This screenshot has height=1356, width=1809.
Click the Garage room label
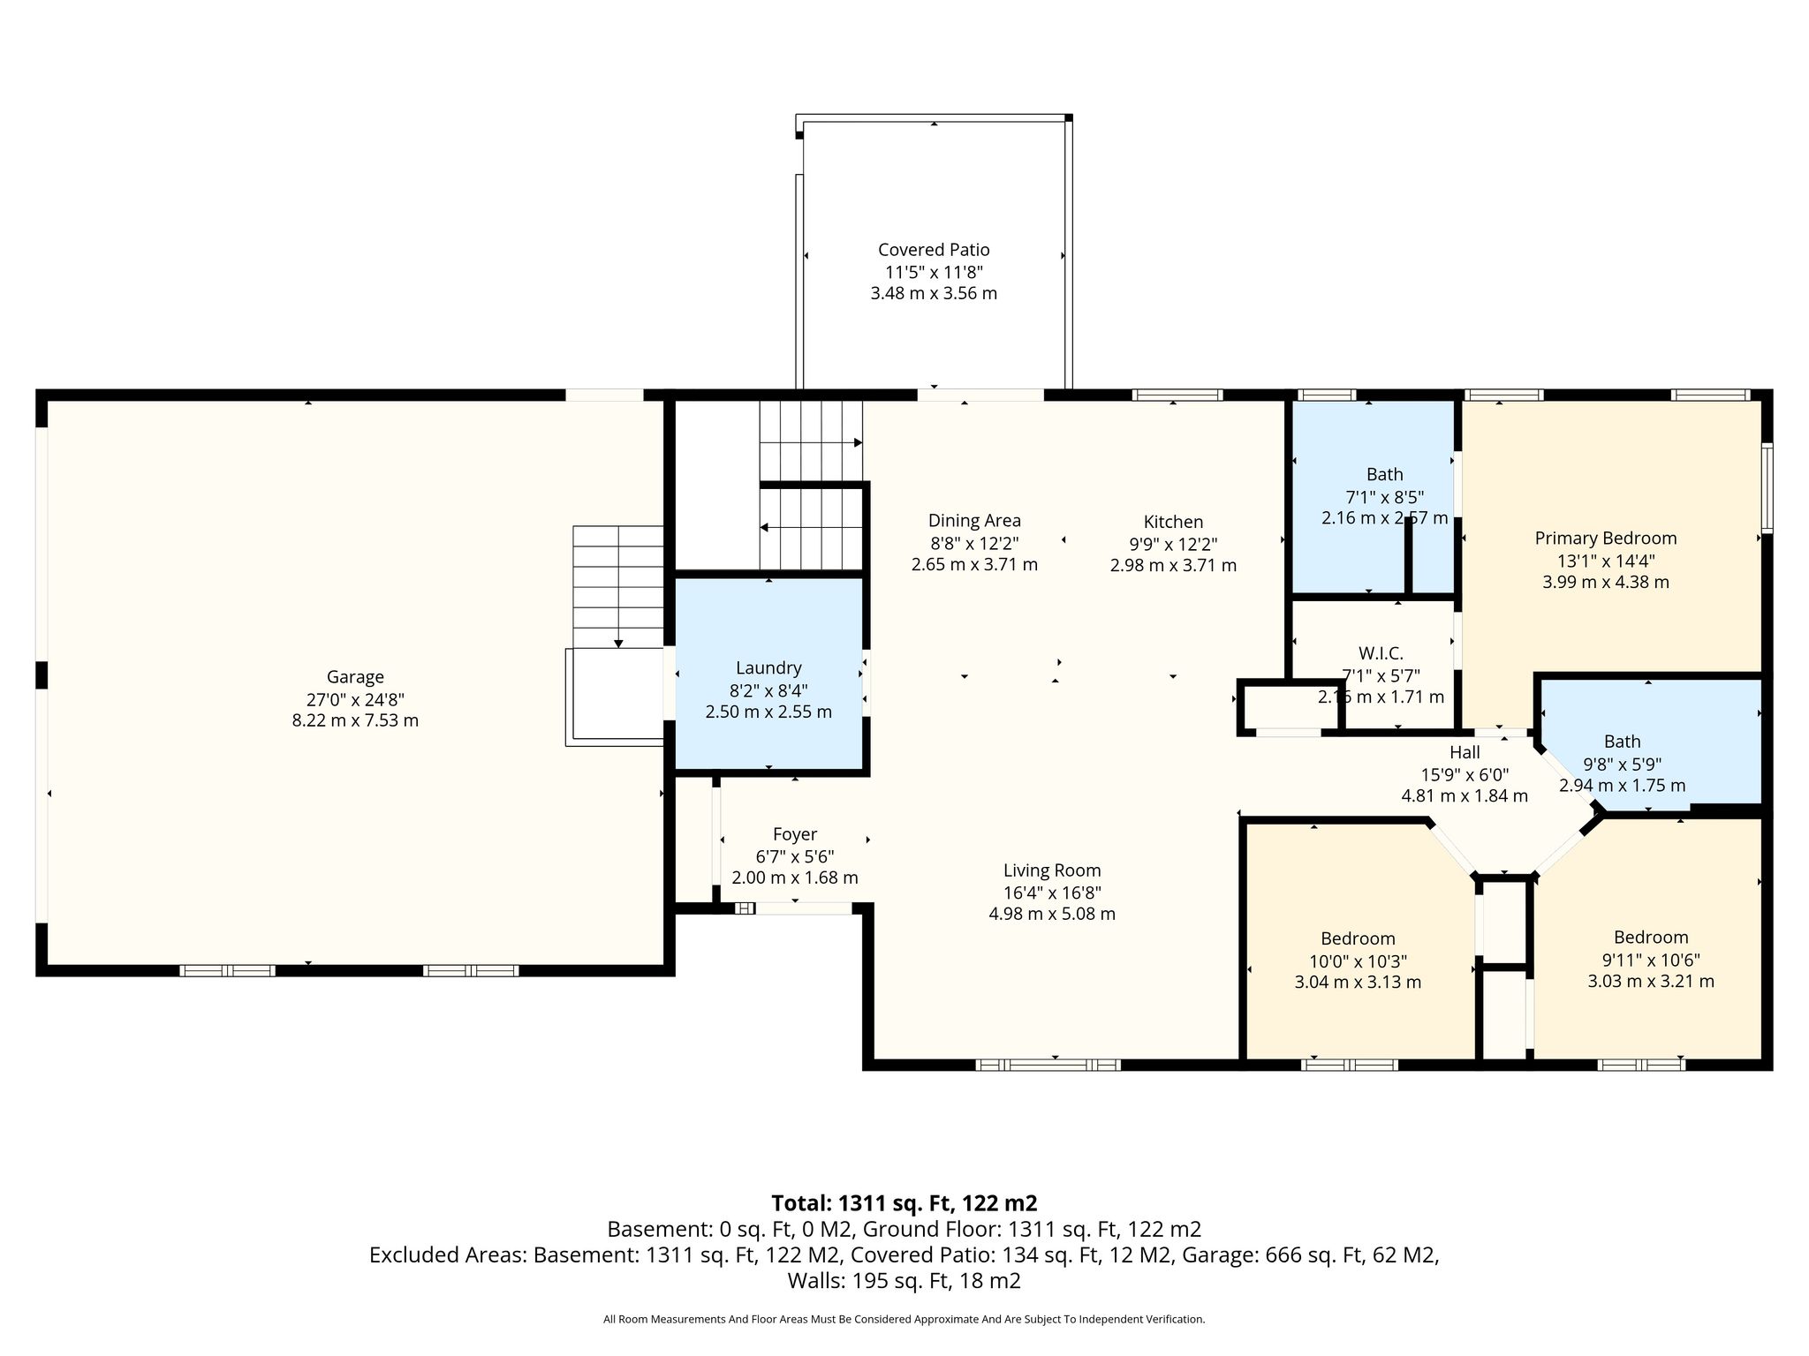coord(355,677)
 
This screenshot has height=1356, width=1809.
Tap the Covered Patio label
coord(934,250)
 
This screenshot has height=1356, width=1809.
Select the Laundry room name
coord(768,668)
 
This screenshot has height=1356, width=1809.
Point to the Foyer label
coord(795,834)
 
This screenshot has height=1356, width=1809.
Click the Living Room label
coord(1052,870)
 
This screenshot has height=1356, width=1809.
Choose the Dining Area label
coord(974,521)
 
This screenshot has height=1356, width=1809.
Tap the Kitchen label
coord(1173,522)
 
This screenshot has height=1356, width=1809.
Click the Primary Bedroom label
coord(1606,539)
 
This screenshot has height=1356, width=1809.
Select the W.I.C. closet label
coord(1381,653)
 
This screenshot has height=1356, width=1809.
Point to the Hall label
coord(1465,752)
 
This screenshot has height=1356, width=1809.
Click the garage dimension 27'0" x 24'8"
coord(355,699)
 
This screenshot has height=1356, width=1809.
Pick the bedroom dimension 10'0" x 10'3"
coord(1358,960)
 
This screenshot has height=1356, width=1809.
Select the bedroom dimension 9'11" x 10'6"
coord(1651,960)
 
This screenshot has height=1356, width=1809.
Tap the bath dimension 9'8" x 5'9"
coord(1623,764)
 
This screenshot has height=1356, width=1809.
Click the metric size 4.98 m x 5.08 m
coord(1052,914)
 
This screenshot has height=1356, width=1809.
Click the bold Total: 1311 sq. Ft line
coord(904,1203)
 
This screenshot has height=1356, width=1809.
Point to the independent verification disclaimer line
coord(904,1319)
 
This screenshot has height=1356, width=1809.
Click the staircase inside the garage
coord(618,587)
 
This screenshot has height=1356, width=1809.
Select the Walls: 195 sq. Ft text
coord(904,1281)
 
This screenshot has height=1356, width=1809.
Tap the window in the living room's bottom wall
coord(1048,1065)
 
